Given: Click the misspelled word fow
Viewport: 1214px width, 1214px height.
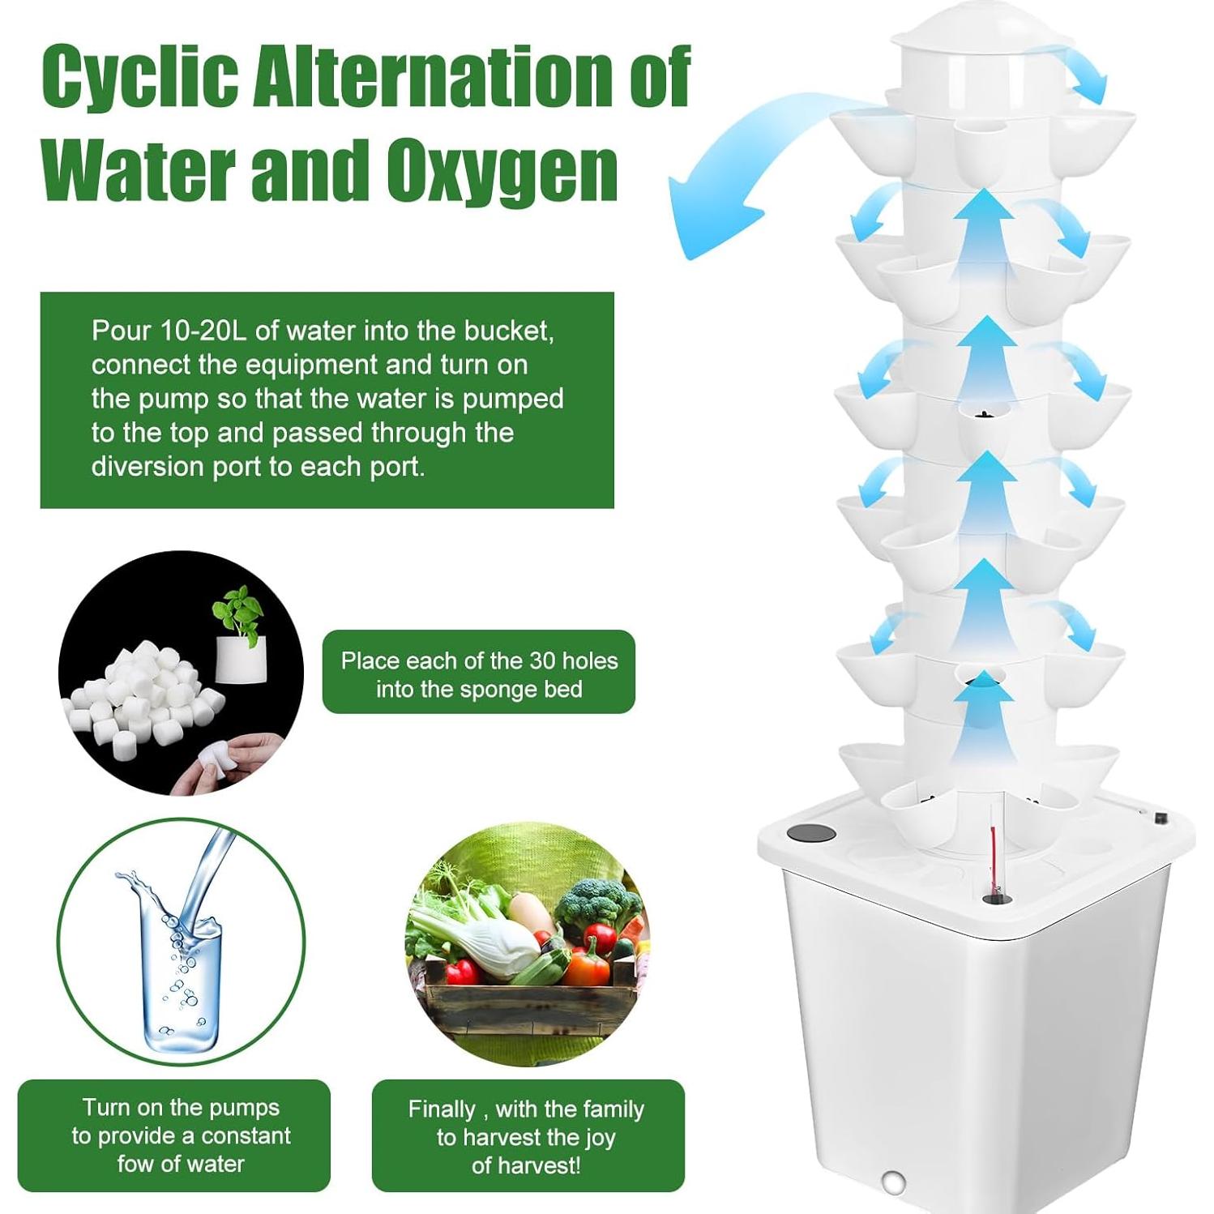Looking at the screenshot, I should click(135, 1164).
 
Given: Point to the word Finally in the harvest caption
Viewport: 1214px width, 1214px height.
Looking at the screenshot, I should click(442, 1109).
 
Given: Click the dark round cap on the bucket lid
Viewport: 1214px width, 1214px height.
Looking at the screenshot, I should click(811, 833).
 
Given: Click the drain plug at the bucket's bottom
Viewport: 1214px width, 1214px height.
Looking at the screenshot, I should click(894, 1182).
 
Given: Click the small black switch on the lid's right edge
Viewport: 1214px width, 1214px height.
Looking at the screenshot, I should click(1163, 818).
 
